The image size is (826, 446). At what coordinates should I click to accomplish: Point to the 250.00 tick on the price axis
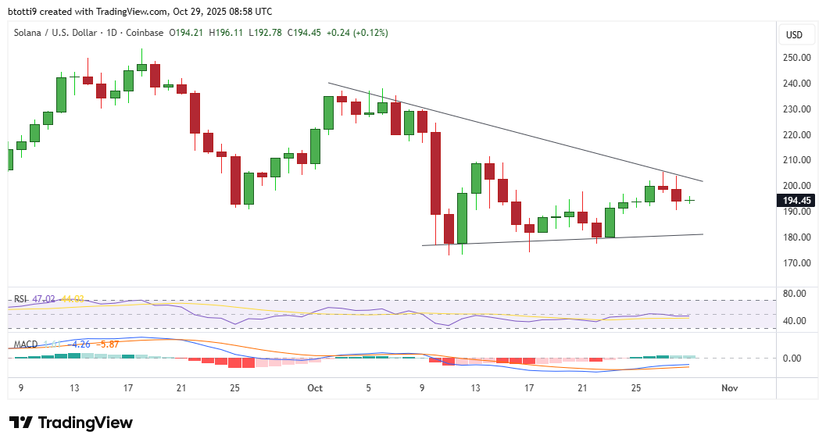click(796, 58)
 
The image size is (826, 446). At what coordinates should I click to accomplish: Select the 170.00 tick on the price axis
click(796, 263)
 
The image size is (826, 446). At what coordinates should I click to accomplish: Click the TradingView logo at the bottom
click(71, 423)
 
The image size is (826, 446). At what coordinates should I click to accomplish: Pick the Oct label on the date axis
click(316, 387)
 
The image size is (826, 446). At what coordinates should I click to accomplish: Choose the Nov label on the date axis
click(730, 387)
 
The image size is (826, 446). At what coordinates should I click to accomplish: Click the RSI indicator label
click(20, 299)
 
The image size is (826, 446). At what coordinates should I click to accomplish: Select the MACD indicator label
click(24, 344)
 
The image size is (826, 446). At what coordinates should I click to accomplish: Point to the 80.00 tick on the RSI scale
click(795, 294)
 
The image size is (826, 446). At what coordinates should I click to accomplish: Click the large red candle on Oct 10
click(435, 173)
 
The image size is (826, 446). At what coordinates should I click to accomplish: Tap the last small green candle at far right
click(690, 200)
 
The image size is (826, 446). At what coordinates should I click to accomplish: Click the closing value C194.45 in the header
click(308, 33)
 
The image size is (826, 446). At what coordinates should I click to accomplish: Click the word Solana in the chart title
click(30, 33)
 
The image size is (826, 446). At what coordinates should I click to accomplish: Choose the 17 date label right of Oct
click(529, 387)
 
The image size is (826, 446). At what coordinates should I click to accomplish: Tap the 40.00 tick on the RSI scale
click(795, 321)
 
